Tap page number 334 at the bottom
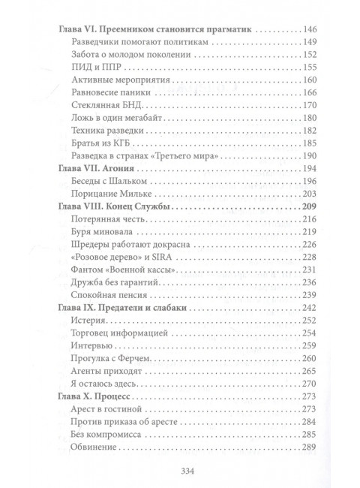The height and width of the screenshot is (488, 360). point(179,471)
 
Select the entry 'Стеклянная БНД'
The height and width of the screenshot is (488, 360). point(110,104)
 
